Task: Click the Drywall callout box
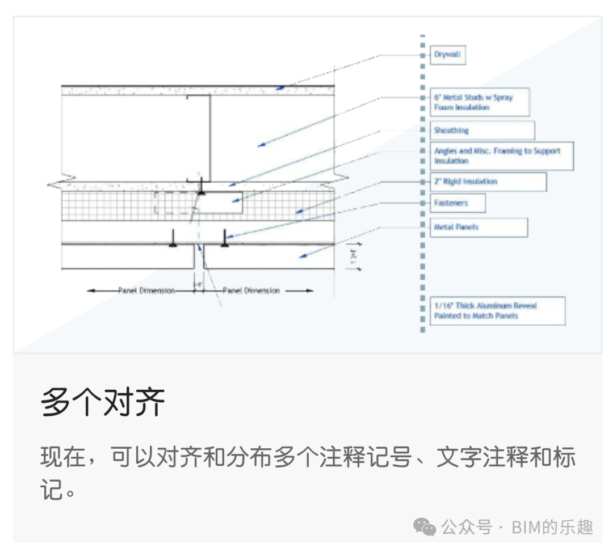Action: click(x=447, y=55)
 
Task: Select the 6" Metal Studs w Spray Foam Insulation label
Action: click(x=479, y=102)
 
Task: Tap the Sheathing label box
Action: click(x=481, y=130)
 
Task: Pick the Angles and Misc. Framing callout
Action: click(x=501, y=156)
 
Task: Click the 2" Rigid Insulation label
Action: click(x=488, y=182)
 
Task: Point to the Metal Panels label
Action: click(x=478, y=227)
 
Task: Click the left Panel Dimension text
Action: click(x=146, y=290)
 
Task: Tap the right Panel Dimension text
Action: click(x=251, y=290)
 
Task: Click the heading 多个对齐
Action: click(x=103, y=402)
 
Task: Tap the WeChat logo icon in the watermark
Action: click(x=425, y=527)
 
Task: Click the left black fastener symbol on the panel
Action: click(x=171, y=243)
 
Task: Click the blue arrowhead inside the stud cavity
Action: click(x=261, y=145)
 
